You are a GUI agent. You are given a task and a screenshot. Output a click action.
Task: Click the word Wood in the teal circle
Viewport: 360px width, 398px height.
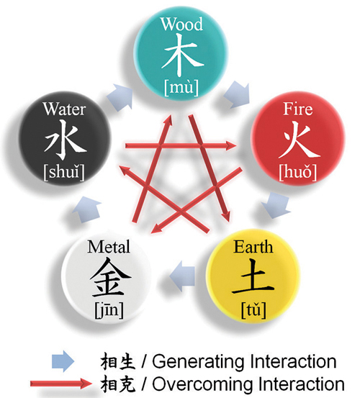tap(181, 24)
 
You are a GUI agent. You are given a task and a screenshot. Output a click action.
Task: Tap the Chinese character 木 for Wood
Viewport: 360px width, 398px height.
tap(182, 55)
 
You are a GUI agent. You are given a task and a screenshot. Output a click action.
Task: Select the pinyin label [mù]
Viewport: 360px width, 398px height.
tap(181, 88)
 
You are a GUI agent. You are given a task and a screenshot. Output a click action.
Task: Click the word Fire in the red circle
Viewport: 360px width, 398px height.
tap(298, 109)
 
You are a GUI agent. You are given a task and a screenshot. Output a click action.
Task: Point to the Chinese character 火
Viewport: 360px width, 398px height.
tap(299, 139)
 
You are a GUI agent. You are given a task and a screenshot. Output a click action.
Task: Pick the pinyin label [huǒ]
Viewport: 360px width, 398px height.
tap(298, 173)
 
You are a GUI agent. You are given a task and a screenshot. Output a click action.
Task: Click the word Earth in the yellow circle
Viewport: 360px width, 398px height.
tap(253, 247)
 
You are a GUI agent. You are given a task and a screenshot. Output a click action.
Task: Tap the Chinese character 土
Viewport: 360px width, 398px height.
tap(253, 276)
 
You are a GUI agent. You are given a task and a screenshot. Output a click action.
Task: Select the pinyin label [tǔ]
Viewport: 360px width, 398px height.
tap(253, 310)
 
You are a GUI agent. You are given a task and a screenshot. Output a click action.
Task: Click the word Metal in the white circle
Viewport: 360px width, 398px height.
tap(109, 247)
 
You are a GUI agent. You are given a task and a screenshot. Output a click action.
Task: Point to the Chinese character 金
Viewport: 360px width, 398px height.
tap(110, 277)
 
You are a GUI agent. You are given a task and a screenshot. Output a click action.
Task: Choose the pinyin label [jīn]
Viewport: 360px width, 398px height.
tap(109, 310)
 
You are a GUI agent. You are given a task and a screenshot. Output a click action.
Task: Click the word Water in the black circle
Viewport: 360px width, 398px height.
tap(64, 109)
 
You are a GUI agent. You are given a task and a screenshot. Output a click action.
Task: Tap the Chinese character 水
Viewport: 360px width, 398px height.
tap(66, 140)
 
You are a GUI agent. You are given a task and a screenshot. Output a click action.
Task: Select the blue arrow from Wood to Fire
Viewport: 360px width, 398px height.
tap(237, 94)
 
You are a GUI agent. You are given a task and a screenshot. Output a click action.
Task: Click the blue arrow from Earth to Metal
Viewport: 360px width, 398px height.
tap(182, 276)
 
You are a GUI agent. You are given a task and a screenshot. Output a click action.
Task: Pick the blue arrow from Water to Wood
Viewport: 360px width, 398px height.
tap(120, 97)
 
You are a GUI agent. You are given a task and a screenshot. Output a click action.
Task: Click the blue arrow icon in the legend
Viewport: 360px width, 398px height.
tap(63, 361)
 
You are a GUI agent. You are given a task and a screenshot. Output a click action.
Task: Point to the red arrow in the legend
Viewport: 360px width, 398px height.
tap(61, 384)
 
